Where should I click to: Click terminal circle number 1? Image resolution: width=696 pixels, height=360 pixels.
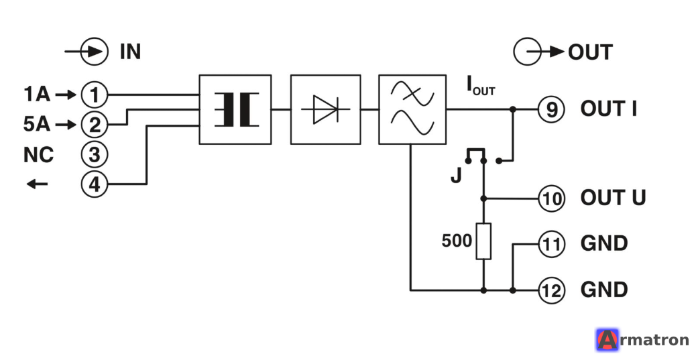click(x=95, y=95)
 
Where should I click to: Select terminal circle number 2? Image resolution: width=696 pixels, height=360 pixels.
click(x=95, y=125)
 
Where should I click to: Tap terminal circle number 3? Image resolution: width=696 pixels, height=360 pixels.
click(x=95, y=154)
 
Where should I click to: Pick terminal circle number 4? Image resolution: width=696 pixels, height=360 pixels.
click(x=95, y=184)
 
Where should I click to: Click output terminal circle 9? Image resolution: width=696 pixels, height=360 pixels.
click(x=551, y=109)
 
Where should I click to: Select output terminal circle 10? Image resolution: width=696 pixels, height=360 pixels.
click(x=552, y=198)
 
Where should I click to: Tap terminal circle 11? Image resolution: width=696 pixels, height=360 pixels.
click(x=552, y=244)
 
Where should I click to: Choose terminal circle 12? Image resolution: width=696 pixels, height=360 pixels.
click(x=552, y=290)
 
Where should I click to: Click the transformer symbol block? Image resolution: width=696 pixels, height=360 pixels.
click(x=235, y=110)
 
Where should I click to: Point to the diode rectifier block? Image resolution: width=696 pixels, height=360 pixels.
click(x=326, y=110)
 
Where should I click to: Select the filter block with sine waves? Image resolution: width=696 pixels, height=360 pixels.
click(x=412, y=110)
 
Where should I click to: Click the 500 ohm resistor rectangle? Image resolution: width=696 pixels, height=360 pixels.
click(x=484, y=241)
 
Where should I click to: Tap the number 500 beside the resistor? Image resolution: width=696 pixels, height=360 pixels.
click(x=457, y=241)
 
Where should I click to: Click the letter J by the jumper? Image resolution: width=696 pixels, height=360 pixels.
click(x=457, y=176)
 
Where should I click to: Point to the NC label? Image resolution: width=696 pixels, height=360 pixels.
click(x=39, y=155)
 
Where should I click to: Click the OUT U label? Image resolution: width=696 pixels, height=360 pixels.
click(x=613, y=198)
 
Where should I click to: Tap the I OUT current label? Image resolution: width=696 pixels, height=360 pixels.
click(x=481, y=86)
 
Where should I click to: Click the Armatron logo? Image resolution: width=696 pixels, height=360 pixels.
click(x=642, y=340)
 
